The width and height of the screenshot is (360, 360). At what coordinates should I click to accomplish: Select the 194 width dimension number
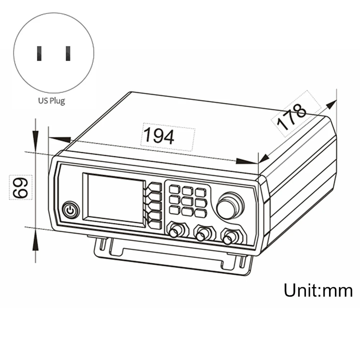coord(159,136)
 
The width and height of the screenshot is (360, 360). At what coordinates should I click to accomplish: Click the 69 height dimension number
coord(21,186)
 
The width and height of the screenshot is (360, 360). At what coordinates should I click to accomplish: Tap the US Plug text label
coord(52,100)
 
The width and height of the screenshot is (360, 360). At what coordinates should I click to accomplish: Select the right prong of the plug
coord(68,53)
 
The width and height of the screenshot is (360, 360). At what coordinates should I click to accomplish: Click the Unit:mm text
coord(318,291)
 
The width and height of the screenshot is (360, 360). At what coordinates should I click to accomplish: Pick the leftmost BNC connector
coord(174,232)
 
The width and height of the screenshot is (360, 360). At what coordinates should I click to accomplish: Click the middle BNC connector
coord(202,235)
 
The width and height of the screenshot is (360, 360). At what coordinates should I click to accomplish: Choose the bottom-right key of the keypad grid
coord(200,213)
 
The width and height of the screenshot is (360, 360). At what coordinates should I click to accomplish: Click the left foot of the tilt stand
coord(102,243)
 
